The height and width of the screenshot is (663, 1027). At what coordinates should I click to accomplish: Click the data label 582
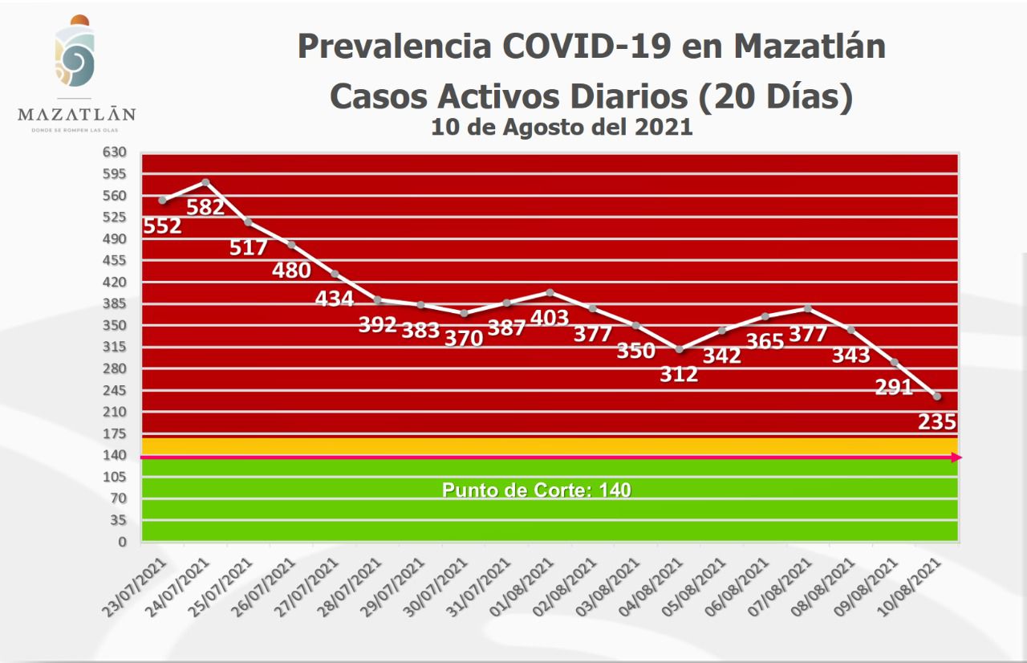click(x=205, y=207)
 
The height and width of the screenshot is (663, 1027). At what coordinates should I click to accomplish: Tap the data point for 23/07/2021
click(x=163, y=200)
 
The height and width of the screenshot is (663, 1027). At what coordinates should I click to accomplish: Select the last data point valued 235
click(x=937, y=396)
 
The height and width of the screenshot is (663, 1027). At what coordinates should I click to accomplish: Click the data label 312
click(x=679, y=373)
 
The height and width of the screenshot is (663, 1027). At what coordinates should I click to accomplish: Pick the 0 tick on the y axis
click(x=123, y=542)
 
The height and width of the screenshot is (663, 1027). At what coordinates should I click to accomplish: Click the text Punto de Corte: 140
click(x=537, y=490)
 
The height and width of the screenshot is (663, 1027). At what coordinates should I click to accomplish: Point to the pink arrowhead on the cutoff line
click(x=956, y=458)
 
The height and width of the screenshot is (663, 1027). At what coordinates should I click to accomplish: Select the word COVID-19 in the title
click(x=587, y=47)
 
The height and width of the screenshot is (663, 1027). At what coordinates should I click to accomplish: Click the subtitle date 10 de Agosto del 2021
click(x=562, y=127)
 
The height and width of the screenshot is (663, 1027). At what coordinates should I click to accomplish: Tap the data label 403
click(x=550, y=316)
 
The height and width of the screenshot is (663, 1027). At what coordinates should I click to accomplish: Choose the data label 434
click(x=335, y=299)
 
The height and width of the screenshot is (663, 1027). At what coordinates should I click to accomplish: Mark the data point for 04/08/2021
click(x=679, y=349)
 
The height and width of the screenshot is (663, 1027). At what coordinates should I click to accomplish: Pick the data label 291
click(x=895, y=387)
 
